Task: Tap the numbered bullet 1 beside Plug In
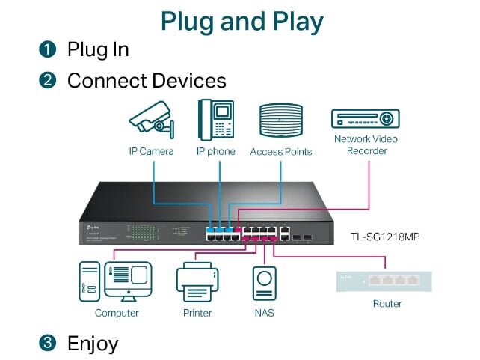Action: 48,50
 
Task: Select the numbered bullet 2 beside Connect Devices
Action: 48,80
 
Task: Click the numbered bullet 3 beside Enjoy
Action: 48,344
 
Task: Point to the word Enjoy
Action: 93,344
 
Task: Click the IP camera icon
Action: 152,120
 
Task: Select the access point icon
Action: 280,120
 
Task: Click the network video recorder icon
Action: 366,118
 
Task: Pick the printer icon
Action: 197,282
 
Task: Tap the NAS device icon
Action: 263,284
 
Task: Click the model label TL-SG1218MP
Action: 385,237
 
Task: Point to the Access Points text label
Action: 280,152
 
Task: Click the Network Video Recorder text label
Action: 366,145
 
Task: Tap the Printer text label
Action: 197,313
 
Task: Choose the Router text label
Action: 387,304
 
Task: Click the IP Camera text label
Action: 151,151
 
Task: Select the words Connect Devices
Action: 147,80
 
